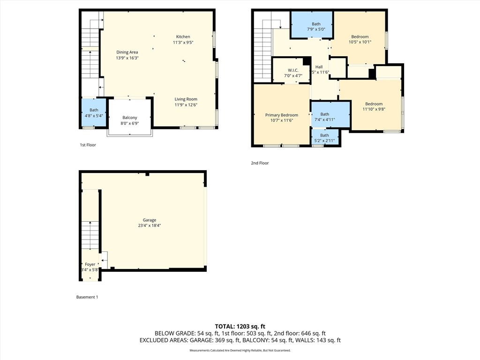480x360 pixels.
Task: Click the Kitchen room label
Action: pos(183,37)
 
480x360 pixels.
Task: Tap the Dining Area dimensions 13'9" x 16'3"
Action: pos(127,58)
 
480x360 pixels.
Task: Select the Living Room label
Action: pos(186,99)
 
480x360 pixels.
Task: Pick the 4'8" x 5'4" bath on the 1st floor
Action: pos(94,112)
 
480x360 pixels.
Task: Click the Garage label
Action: pos(150,220)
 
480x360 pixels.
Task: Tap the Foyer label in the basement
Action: pos(90,264)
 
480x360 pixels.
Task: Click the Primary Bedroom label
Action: pos(281,115)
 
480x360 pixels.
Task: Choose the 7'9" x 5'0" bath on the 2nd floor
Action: pos(316,27)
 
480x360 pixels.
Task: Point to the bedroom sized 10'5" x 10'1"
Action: pos(360,39)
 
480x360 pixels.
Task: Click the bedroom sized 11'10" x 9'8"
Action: pos(374,106)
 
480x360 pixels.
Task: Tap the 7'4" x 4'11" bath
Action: pos(324,117)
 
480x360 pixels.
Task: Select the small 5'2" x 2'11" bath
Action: pos(324,138)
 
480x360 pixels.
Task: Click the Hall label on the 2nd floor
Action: pos(319,67)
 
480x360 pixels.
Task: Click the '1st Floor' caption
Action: pos(88,145)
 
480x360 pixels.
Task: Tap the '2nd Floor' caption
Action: pos(260,163)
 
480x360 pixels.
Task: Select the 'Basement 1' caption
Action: pos(87,297)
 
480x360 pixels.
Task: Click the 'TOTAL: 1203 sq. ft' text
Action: pos(240,326)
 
